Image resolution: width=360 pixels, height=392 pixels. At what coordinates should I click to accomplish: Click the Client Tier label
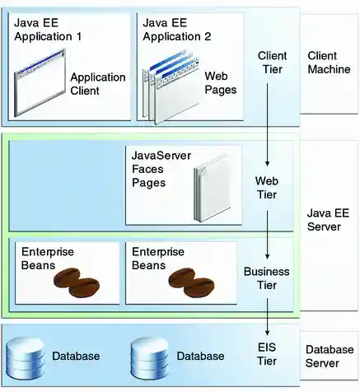tap(272, 63)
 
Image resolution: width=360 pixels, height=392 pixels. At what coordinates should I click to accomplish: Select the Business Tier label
tap(267, 278)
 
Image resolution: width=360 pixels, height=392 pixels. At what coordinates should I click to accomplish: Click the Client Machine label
tap(328, 63)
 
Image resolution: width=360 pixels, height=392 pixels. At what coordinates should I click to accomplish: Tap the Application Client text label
tap(97, 83)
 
